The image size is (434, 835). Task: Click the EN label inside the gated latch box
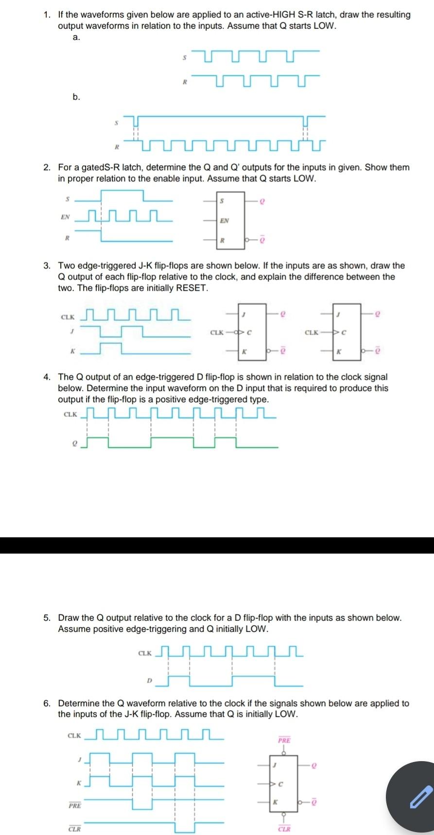click(x=224, y=221)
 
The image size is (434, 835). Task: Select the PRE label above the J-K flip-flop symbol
click(x=284, y=740)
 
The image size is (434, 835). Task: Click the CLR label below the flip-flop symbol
click(x=284, y=829)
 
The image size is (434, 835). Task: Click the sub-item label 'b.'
click(x=76, y=97)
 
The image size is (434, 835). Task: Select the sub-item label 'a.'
click(x=76, y=37)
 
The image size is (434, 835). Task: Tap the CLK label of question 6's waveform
click(x=74, y=736)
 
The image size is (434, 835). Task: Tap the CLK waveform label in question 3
click(x=68, y=317)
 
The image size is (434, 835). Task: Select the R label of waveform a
click(x=184, y=83)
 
